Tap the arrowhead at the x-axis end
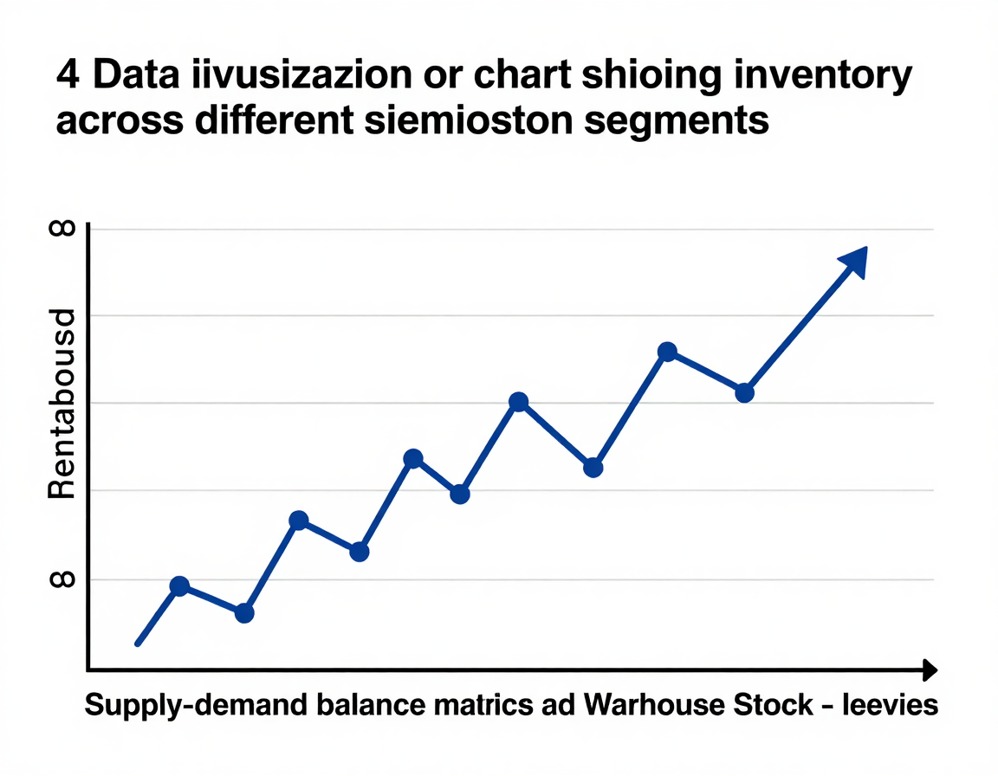(x=929, y=669)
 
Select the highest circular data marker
(x=667, y=352)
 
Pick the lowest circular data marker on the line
(x=244, y=613)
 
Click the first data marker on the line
(x=179, y=586)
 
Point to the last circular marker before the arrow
(x=744, y=392)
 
